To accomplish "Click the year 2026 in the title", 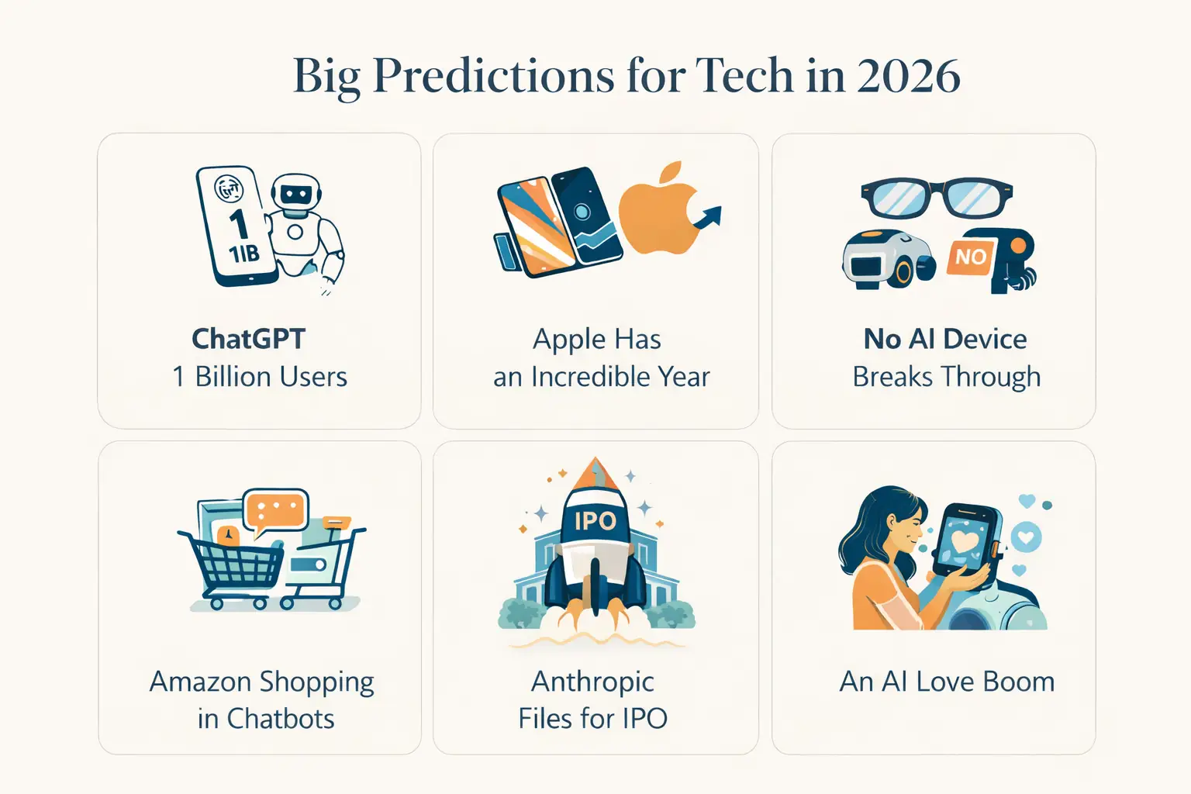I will click(x=908, y=76).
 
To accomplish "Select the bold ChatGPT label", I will click(x=248, y=339).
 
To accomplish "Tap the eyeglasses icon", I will click(x=937, y=198).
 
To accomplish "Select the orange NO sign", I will click(x=970, y=257).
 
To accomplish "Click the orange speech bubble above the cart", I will click(x=274, y=511).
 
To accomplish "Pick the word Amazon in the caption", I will click(x=200, y=682).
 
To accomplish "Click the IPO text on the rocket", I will click(x=595, y=521).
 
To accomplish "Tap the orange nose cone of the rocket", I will click(x=595, y=472).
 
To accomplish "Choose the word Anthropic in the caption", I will click(x=592, y=682).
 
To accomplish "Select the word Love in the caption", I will click(x=945, y=682).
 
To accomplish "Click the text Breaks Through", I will click(x=946, y=377).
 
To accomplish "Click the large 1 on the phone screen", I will click(x=238, y=223).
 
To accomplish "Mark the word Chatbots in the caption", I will click(x=281, y=719).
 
